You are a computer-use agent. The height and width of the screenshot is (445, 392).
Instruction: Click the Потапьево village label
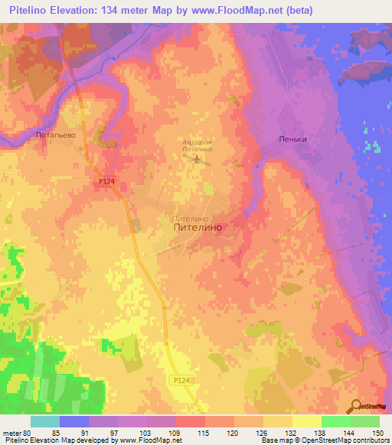56,135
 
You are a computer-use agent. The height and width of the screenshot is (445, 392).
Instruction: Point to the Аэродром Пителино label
202,147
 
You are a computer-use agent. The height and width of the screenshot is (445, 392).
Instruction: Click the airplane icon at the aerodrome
201,160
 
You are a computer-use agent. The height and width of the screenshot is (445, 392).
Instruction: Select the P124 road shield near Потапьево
107,180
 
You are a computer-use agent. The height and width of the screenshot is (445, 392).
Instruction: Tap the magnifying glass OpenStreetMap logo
356,406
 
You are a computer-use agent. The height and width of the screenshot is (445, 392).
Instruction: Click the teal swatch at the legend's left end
45,421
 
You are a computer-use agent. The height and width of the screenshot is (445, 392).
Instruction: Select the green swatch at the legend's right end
364,421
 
